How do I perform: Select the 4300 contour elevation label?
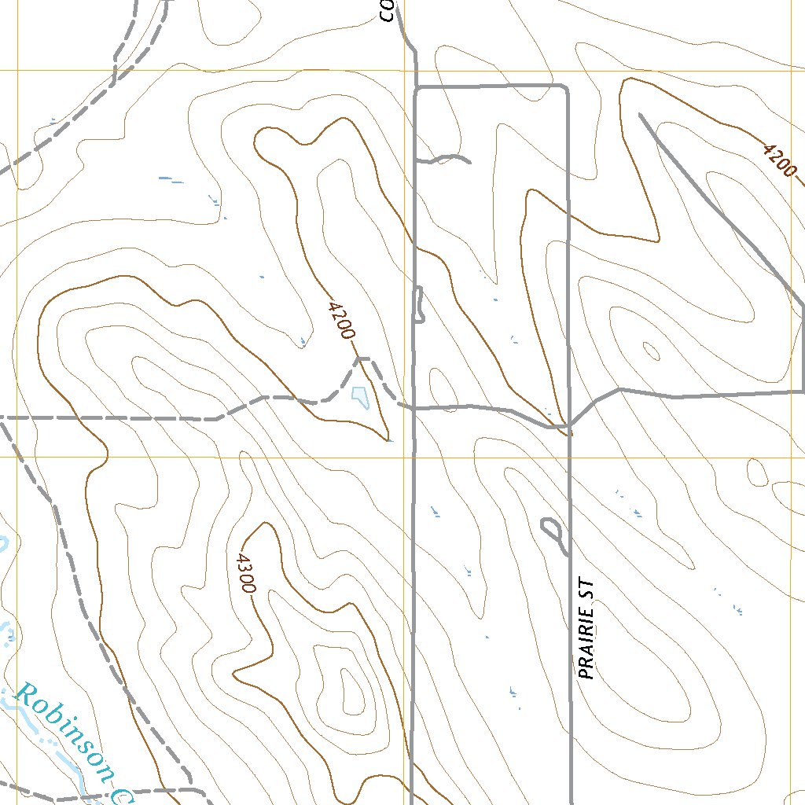pyautogui.click(x=244, y=573)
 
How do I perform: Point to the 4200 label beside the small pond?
pyautogui.click(x=339, y=319)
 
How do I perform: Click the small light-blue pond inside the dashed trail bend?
pyautogui.click(x=360, y=397)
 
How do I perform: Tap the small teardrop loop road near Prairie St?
pyautogui.click(x=552, y=530)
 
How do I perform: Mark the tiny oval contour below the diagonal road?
pyautogui.click(x=652, y=349)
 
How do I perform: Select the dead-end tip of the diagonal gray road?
pyautogui.click(x=641, y=116)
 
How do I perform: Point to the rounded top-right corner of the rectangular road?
pyautogui.click(x=564, y=88)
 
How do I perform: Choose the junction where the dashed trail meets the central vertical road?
pyautogui.click(x=414, y=408)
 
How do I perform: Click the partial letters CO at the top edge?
pyautogui.click(x=386, y=10)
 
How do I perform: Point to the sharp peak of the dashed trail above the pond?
pyautogui.click(x=360, y=359)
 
